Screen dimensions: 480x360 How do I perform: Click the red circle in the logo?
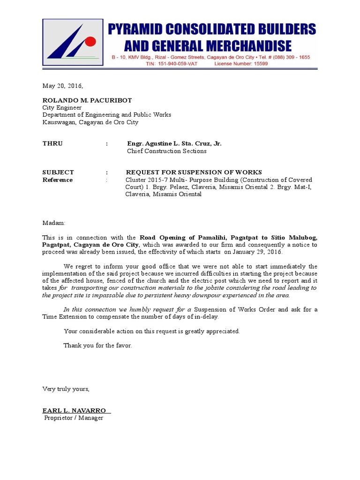90,41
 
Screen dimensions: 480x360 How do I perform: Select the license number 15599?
259,64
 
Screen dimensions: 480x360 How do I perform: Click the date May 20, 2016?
62,86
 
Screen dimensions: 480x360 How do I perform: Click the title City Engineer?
62,107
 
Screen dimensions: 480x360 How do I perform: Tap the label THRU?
52,143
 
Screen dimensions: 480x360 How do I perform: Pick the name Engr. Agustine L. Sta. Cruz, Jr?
174,143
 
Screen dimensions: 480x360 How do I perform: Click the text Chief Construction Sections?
166,151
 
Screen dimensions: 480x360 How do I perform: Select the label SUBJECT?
58,172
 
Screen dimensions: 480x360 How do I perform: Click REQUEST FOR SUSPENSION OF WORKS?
194,172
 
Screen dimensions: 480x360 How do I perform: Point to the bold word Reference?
58,180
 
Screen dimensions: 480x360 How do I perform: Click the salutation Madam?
54,223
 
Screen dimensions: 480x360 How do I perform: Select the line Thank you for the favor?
98,345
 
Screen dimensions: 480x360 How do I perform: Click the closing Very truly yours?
66,389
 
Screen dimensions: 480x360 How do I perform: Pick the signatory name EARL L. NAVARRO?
75,411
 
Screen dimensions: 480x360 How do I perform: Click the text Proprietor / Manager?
74,418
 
